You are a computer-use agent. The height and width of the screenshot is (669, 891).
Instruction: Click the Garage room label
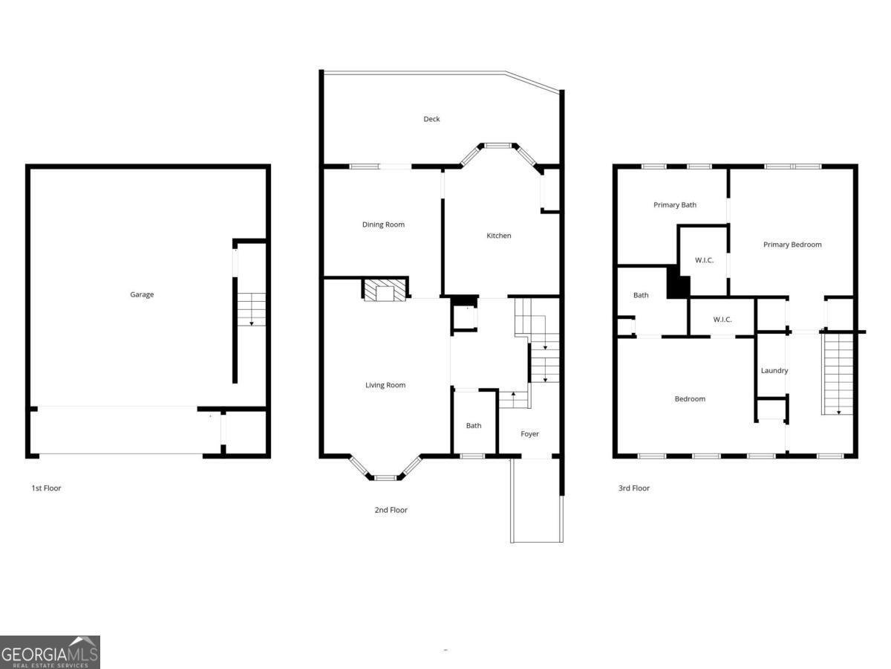click(x=142, y=294)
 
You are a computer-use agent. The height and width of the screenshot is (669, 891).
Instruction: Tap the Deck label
click(x=431, y=119)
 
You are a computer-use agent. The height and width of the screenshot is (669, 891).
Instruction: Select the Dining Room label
click(x=383, y=224)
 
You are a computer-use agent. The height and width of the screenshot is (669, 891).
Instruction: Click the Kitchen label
click(x=498, y=236)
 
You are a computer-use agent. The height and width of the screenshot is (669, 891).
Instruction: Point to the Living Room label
click(x=385, y=385)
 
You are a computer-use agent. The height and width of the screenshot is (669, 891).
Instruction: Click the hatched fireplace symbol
click(x=385, y=290)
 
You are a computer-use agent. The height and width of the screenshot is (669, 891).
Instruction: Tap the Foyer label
click(x=529, y=434)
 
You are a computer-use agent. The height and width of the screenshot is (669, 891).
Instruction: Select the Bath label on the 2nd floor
click(x=474, y=426)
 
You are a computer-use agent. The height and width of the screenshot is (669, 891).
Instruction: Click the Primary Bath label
click(x=675, y=205)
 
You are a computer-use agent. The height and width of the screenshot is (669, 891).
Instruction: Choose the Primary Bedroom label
click(x=792, y=245)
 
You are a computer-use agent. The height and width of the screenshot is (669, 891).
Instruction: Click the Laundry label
click(x=774, y=371)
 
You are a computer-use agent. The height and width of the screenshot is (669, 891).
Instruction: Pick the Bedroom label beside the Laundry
click(x=690, y=399)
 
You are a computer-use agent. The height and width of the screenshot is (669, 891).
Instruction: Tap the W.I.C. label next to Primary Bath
click(x=704, y=260)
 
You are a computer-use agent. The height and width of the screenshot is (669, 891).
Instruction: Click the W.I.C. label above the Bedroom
click(x=722, y=320)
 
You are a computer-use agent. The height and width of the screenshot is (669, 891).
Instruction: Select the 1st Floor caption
click(x=46, y=488)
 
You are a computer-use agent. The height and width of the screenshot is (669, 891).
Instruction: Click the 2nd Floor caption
click(x=391, y=510)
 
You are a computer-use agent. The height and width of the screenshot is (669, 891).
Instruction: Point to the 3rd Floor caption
click(x=634, y=488)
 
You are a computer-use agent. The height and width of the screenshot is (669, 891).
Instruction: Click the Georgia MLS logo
click(x=50, y=652)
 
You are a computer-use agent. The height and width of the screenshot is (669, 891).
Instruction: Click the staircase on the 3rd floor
click(x=838, y=374)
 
